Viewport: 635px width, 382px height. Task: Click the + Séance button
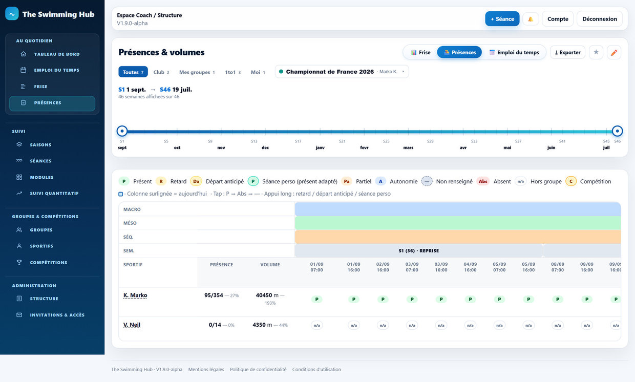click(x=502, y=19)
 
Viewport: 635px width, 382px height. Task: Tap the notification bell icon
click(x=531, y=19)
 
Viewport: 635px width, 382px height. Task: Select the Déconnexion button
click(x=600, y=19)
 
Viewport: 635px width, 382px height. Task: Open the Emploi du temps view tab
click(x=514, y=52)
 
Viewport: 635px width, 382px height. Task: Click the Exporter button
click(x=567, y=52)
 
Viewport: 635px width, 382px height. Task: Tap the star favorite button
click(x=596, y=52)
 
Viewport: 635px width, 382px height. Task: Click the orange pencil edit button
click(x=614, y=52)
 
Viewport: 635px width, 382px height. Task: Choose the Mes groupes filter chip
click(x=197, y=72)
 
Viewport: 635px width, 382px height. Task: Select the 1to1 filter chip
click(x=232, y=72)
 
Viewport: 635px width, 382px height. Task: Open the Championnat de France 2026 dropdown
click(x=342, y=72)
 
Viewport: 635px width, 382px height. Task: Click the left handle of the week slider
click(x=122, y=131)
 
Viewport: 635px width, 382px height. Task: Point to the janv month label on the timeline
click(x=320, y=147)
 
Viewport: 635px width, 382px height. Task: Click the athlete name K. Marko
click(x=135, y=295)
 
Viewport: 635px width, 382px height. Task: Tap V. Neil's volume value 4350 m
click(x=262, y=325)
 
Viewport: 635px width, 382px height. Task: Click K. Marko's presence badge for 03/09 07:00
click(x=412, y=299)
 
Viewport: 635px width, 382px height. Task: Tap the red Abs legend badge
click(x=483, y=181)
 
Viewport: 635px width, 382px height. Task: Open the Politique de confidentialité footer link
click(x=258, y=369)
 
